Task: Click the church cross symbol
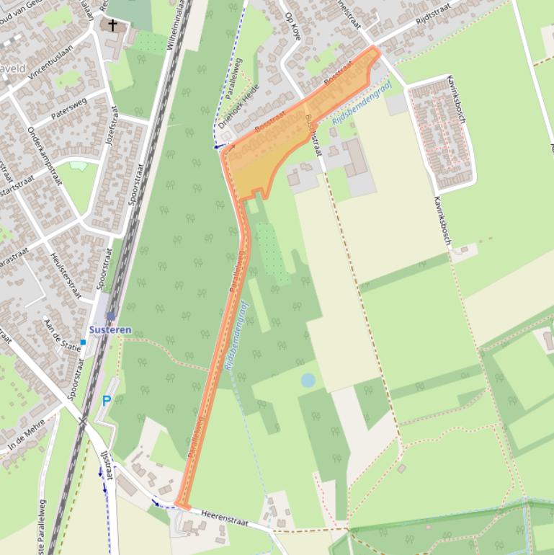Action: pyautogui.click(x=112, y=26)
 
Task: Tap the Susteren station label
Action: pyautogui.click(x=110, y=330)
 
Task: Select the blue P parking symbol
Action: pyautogui.click(x=107, y=401)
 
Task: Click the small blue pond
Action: pyautogui.click(x=308, y=380)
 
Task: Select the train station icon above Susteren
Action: pyautogui.click(x=110, y=316)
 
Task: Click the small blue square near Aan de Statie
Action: pyautogui.click(x=84, y=342)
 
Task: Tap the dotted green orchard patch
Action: pyautogui.click(x=271, y=249)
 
